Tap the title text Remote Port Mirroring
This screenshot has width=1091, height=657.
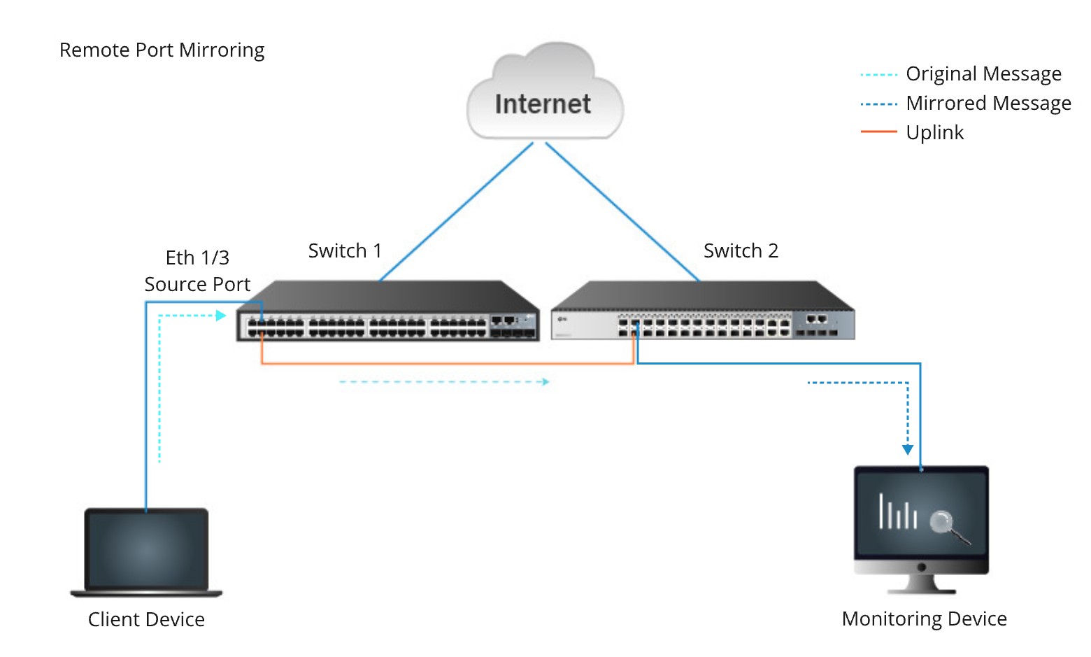(162, 50)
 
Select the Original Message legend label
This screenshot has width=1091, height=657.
(983, 74)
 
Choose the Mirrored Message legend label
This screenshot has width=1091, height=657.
(988, 104)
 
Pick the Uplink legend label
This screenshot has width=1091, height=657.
(934, 133)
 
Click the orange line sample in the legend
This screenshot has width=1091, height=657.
(878, 132)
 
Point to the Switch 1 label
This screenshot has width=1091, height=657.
(345, 250)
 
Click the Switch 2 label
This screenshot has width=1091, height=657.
(741, 250)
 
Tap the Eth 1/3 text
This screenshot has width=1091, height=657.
(197, 258)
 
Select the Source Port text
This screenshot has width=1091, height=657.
(197, 285)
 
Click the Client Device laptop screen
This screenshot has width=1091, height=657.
(146, 550)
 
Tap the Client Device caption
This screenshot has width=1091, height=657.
(146, 620)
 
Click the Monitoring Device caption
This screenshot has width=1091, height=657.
(924, 619)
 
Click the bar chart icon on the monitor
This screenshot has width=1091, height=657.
(897, 512)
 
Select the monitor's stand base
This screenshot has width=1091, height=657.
(921, 590)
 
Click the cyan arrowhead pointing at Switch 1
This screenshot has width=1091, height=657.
(222, 316)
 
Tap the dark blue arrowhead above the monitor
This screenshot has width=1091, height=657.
(908, 450)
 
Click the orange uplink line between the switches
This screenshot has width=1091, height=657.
(448, 363)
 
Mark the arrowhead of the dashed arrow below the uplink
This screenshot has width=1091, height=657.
(545, 382)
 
